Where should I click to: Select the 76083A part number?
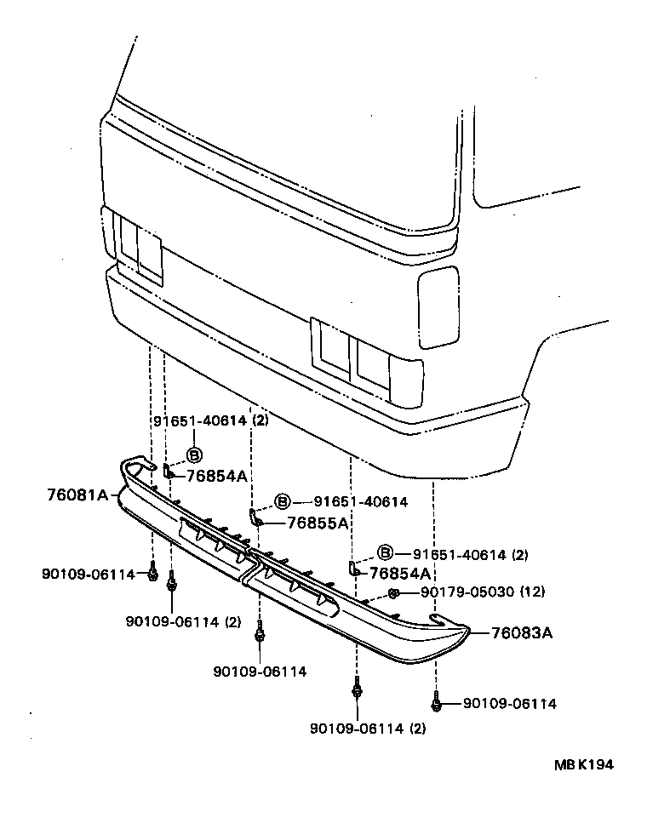coord(523,632)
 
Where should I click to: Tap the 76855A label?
coord(318,523)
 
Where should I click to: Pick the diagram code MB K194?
coord(585,764)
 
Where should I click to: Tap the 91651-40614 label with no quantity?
coord(360,502)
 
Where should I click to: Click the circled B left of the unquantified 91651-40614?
coord(283,502)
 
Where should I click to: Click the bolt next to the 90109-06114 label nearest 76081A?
coord(152,574)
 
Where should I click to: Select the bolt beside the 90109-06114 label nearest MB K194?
coord(436,703)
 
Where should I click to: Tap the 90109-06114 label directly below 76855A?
coord(260,672)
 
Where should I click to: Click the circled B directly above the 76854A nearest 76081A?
coord(193,455)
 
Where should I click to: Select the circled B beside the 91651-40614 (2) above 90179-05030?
coord(385,554)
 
